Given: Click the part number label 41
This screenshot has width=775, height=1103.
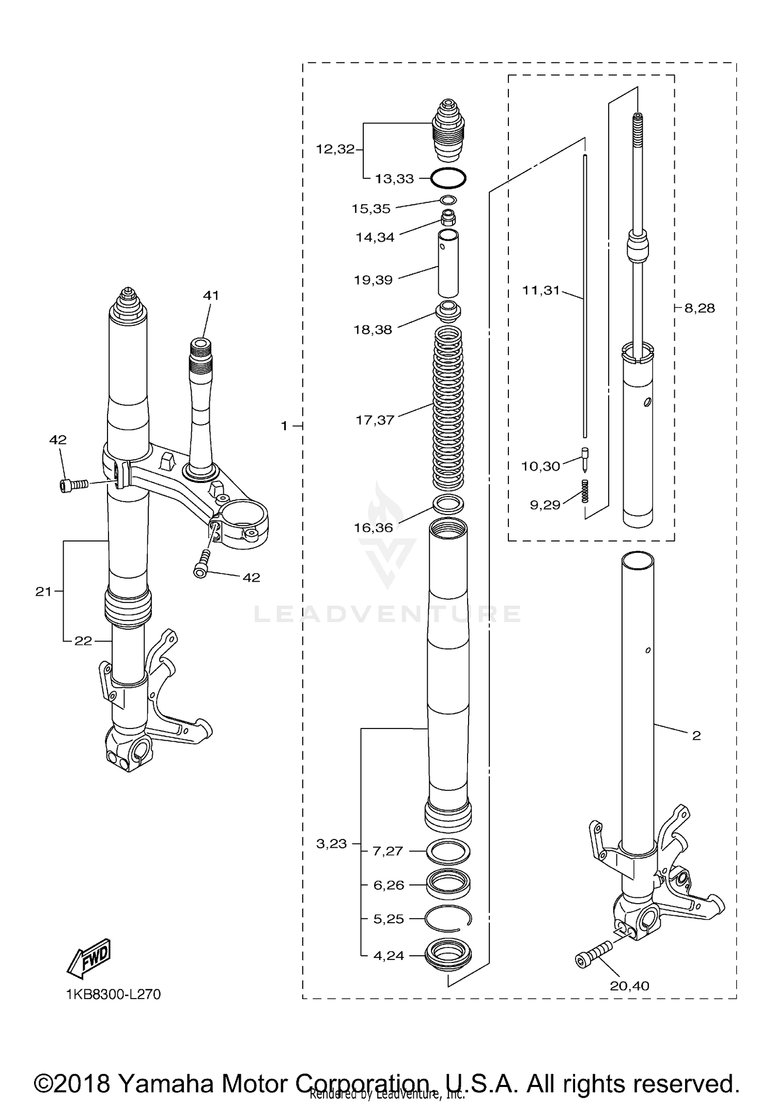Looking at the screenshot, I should point(211,296).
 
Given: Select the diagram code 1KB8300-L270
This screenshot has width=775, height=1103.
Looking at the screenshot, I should point(113,994).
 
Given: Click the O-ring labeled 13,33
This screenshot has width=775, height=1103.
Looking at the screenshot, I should point(448,178).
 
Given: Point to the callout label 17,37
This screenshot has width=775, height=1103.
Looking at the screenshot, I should point(375,420).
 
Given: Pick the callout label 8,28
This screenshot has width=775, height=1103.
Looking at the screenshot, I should point(699,308).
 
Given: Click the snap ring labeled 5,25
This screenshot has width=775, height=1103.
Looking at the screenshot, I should point(448,919).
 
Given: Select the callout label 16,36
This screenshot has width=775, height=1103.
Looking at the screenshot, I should point(374,527).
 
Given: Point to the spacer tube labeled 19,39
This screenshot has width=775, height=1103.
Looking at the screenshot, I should point(448,262).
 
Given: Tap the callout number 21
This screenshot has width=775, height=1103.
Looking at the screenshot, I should point(43,592).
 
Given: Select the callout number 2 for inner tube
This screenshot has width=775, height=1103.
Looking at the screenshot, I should point(696,736).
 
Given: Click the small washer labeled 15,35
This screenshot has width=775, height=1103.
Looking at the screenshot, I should point(448,200).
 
